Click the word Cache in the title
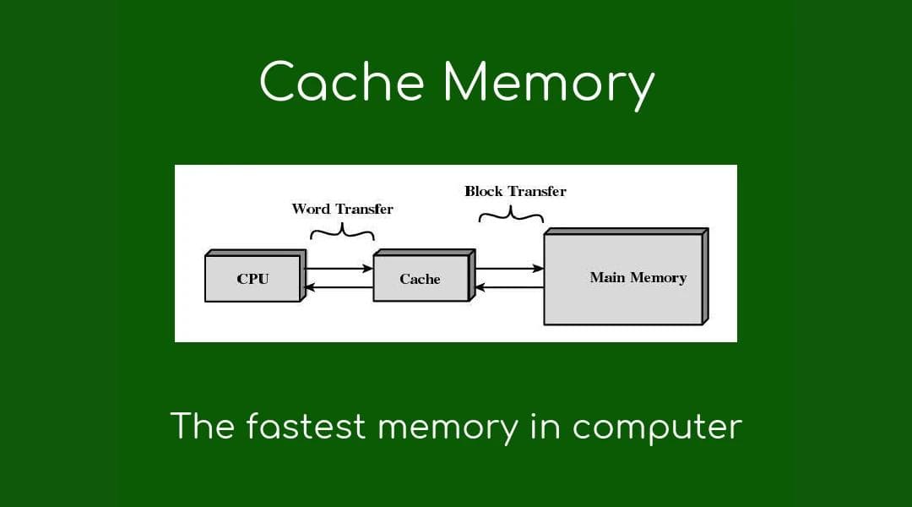tap(342, 84)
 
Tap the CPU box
tap(252, 279)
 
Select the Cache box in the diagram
tap(420, 279)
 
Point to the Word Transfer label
tap(342, 209)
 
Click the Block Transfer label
tap(515, 191)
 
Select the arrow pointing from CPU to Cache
tap(338, 269)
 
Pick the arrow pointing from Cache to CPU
tap(338, 287)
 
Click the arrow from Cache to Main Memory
tap(509, 269)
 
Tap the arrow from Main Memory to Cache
tap(509, 287)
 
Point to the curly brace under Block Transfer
tap(511, 215)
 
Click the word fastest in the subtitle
tap(307, 426)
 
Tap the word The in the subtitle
tap(203, 426)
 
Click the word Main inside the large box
tap(607, 278)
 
